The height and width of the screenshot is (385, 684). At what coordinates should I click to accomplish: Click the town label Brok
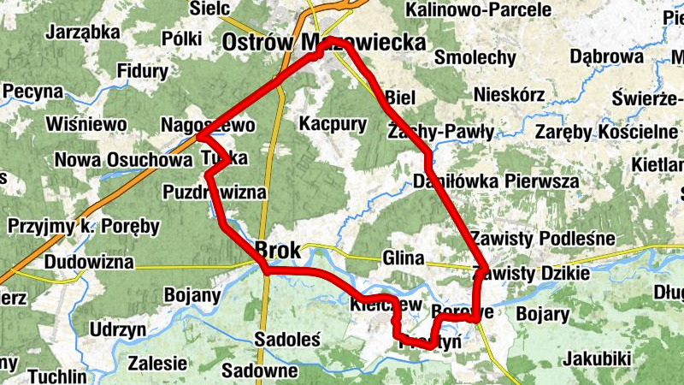coord(278,251)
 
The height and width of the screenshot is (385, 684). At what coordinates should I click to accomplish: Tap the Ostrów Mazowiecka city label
coord(323,42)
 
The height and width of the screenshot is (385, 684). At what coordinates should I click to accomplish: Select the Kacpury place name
coord(333,124)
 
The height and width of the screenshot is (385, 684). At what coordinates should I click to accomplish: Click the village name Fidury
coord(144,71)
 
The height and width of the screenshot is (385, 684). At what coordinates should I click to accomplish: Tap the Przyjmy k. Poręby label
coord(84,227)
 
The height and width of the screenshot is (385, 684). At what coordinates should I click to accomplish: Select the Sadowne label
coord(259,371)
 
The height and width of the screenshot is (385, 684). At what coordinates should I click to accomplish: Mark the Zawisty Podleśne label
coord(542,238)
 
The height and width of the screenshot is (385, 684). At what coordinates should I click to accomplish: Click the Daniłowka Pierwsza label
coord(495,181)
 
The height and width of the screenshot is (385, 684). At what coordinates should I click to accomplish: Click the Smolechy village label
coord(475,58)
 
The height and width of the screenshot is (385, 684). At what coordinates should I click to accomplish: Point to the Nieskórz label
coord(508,94)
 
